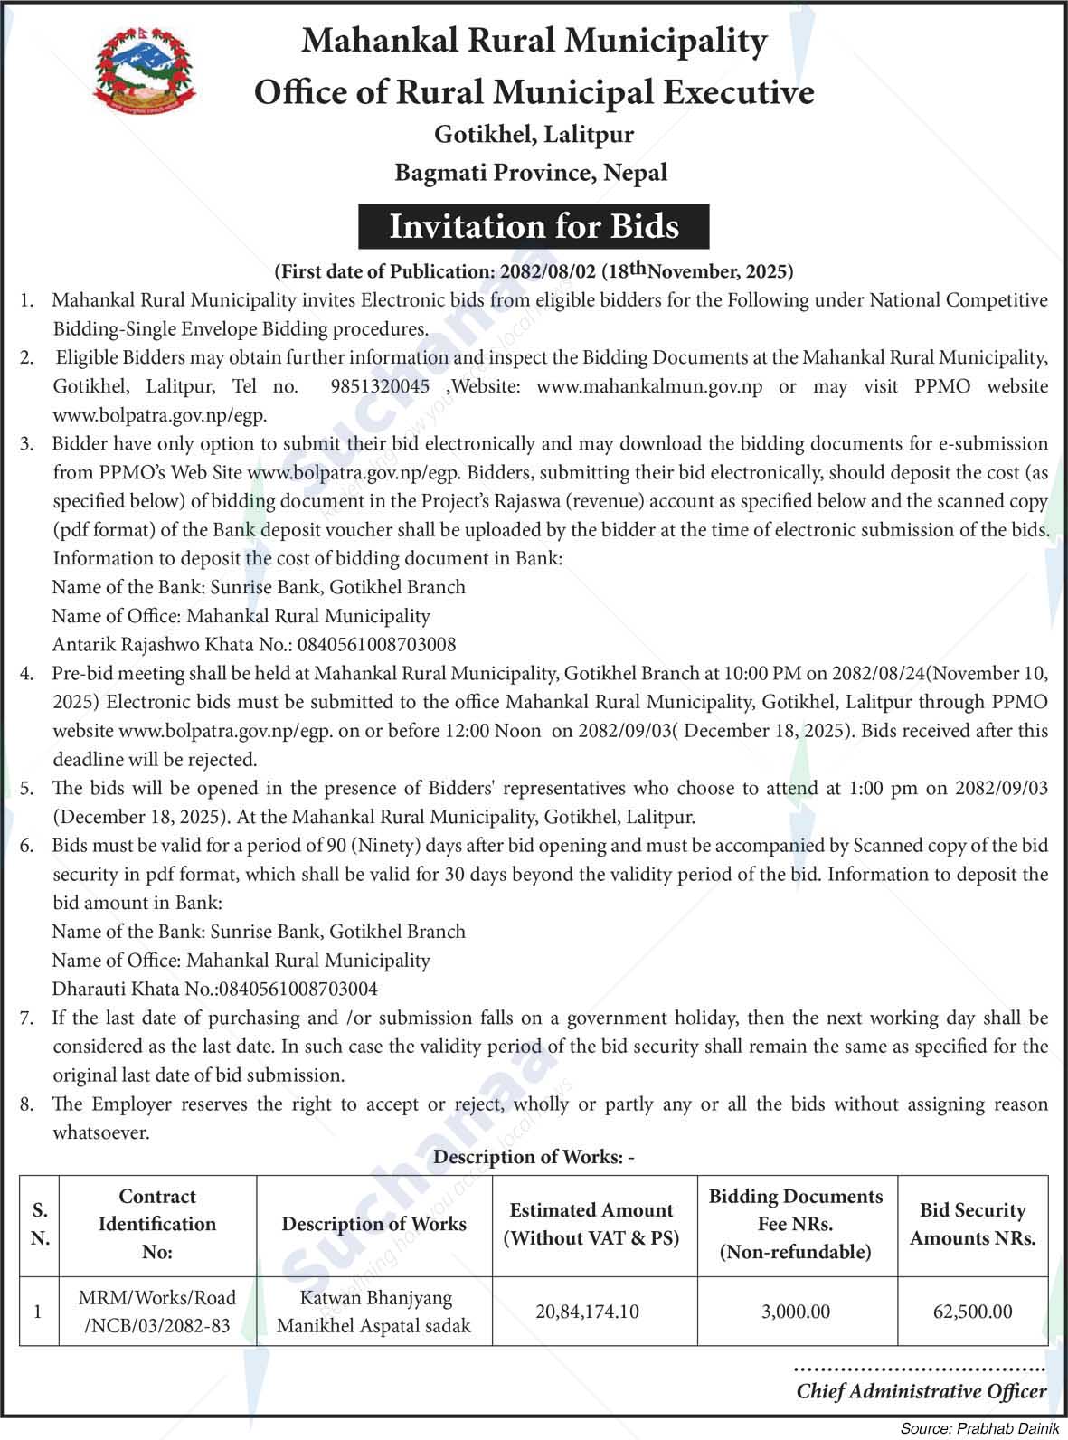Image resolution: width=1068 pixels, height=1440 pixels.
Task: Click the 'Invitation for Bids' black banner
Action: pyautogui.click(x=534, y=226)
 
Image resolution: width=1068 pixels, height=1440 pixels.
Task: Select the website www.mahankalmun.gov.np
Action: pyautogui.click(x=649, y=386)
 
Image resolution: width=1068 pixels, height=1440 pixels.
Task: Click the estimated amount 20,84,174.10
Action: pyautogui.click(x=587, y=1311)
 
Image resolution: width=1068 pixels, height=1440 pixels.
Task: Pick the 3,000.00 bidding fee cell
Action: pyautogui.click(x=796, y=1311)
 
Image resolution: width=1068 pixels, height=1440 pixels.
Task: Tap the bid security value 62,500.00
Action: pyautogui.click(x=972, y=1311)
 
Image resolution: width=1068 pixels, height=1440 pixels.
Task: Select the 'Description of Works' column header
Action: pyautogui.click(x=373, y=1224)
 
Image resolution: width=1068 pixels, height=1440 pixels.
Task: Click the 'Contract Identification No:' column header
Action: pyautogui.click(x=157, y=1224)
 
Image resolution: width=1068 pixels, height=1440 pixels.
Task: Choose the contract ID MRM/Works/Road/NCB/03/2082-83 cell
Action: pyautogui.click(x=157, y=1312)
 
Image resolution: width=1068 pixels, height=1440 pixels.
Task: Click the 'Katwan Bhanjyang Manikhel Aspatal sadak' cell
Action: pyautogui.click(x=373, y=1312)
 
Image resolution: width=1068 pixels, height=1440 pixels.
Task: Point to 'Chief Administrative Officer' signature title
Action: pyautogui.click(x=921, y=1391)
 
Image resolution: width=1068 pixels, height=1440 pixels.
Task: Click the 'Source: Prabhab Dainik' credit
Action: pyautogui.click(x=980, y=1428)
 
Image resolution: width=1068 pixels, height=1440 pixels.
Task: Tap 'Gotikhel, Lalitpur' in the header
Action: pyautogui.click(x=534, y=135)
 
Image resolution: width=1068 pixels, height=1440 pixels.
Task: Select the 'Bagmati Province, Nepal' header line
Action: pyautogui.click(x=531, y=172)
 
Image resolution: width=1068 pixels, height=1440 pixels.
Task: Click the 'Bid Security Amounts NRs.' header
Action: pyautogui.click(x=972, y=1224)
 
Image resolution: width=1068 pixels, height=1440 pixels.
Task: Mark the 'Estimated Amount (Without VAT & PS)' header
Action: pyautogui.click(x=591, y=1224)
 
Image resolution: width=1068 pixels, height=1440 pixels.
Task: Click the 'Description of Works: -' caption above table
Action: pyautogui.click(x=534, y=1157)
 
